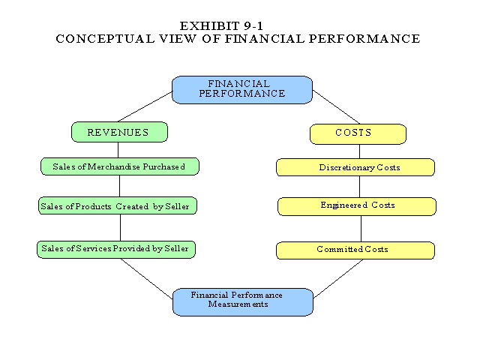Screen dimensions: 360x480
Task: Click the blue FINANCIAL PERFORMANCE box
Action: tap(241, 89)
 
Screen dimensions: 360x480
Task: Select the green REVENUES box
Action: tap(119, 132)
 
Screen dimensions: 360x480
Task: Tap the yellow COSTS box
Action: tap(358, 133)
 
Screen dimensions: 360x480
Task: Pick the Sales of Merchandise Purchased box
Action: tap(120, 166)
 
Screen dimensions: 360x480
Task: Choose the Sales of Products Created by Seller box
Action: tap(118, 205)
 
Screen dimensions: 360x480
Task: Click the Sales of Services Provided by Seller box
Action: tap(116, 249)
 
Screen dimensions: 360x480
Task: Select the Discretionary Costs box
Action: tap(355, 167)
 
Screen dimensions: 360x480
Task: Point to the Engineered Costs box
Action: tap(356, 205)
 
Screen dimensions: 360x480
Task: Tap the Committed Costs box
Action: tap(355, 250)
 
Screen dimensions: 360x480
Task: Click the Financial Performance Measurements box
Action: tap(243, 301)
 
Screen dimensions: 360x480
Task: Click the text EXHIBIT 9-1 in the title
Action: tap(238, 25)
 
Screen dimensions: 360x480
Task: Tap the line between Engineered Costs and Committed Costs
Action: tap(361, 228)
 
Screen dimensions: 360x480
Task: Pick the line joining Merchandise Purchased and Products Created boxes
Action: tap(119, 186)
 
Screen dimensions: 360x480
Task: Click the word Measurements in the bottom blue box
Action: tap(238, 304)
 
